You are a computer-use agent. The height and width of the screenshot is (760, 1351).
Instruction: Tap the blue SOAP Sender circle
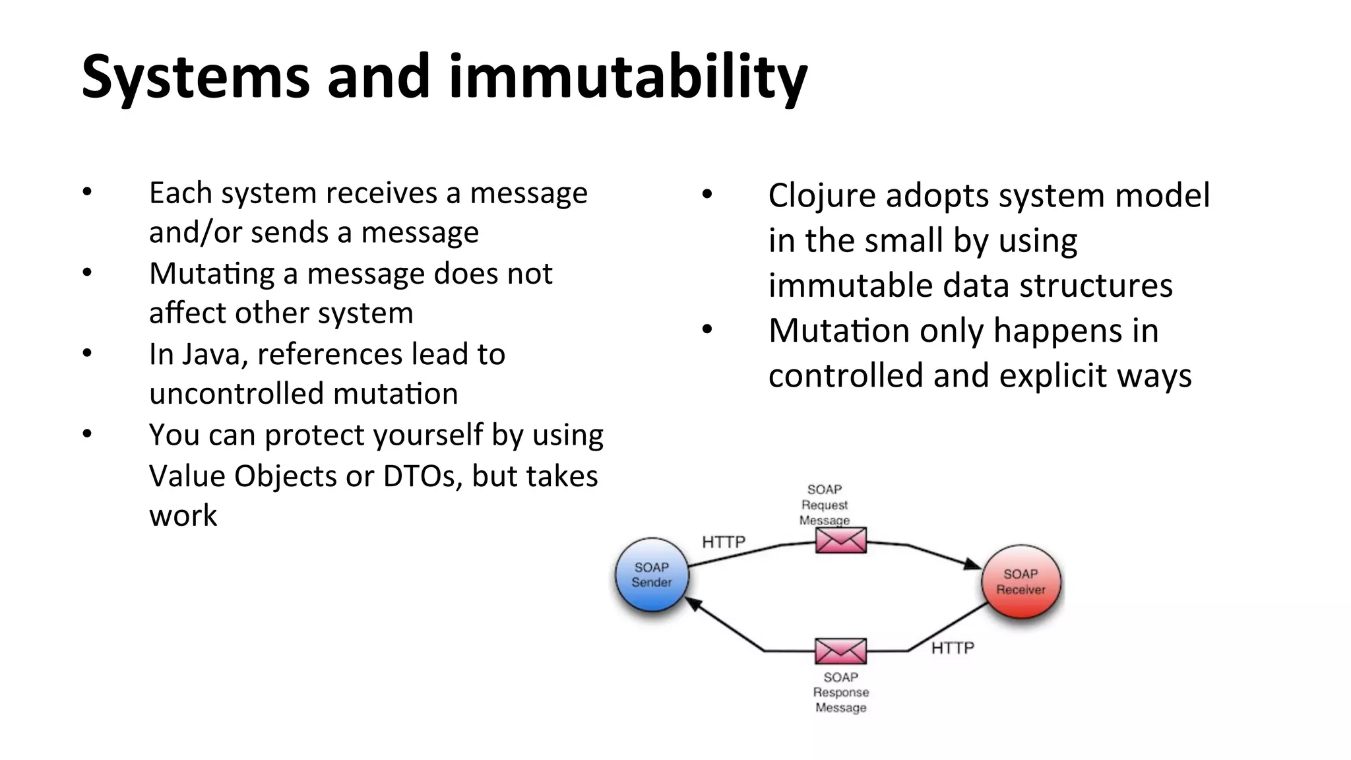(652, 575)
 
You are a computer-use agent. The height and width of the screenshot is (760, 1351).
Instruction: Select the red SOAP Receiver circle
(1021, 582)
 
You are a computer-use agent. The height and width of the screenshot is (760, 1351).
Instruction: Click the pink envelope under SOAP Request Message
(840, 540)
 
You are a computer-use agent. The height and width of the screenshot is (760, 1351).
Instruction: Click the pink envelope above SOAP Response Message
(840, 651)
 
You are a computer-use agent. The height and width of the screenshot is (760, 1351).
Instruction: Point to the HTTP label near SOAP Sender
(724, 542)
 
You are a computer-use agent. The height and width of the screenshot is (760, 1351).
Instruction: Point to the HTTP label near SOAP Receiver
(953, 648)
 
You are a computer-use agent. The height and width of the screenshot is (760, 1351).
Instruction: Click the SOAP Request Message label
(825, 505)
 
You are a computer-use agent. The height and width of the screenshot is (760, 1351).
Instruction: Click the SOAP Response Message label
(840, 693)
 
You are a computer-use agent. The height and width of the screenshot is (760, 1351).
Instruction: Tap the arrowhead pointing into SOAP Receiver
(971, 564)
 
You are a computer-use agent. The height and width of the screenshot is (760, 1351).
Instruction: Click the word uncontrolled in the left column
(236, 395)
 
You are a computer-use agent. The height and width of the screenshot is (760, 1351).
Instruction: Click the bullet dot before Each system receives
(87, 192)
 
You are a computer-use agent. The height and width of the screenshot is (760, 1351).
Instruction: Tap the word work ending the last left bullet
(183, 516)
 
